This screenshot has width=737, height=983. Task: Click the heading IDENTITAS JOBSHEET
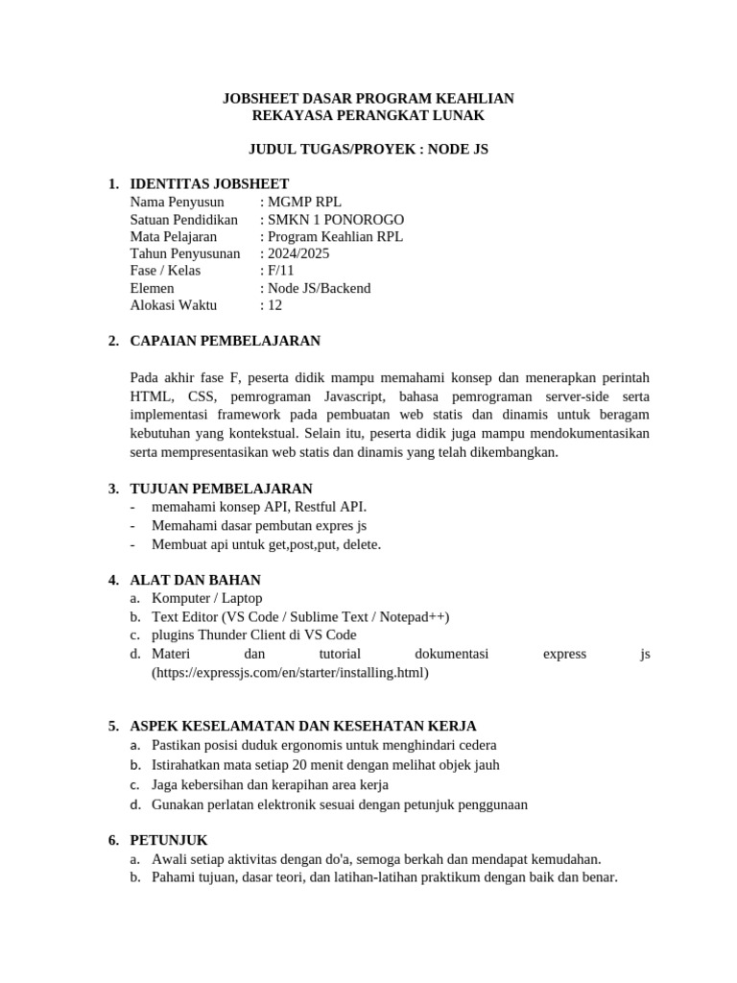(x=209, y=184)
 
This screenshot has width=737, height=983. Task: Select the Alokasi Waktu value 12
(x=274, y=305)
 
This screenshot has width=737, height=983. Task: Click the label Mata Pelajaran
(x=174, y=236)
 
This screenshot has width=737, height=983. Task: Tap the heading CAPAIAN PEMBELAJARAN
(x=226, y=341)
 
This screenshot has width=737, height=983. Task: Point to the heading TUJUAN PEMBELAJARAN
(x=222, y=489)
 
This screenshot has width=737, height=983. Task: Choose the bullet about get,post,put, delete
(x=266, y=544)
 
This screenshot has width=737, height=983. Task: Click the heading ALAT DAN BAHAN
(x=196, y=580)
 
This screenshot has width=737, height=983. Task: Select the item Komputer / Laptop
(x=207, y=598)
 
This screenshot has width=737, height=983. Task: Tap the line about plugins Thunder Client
(x=253, y=635)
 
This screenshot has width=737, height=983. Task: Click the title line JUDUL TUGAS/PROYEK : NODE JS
(x=368, y=150)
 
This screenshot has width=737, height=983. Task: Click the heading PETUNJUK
(x=169, y=840)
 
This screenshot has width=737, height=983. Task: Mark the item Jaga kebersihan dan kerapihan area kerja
(x=270, y=784)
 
